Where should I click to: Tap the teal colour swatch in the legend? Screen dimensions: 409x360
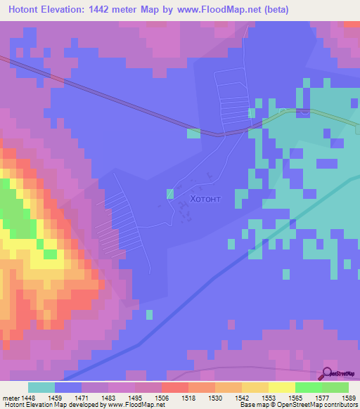(41, 387)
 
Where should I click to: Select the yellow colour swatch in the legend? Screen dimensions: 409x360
(282, 387)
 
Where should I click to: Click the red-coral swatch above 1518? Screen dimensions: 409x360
(175, 387)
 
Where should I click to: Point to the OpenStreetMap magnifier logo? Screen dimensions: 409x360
(328, 375)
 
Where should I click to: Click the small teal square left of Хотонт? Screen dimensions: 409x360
(170, 193)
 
